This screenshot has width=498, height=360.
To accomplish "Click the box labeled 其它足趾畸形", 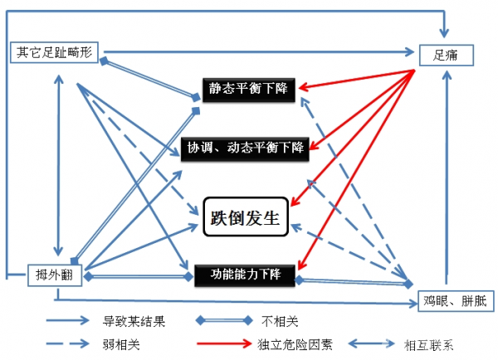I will [x=56, y=53].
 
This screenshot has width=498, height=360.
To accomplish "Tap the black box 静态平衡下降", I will [x=248, y=86].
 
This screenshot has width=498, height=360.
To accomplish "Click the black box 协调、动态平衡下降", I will [x=245, y=148].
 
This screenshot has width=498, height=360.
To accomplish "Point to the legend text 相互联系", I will [x=432, y=343].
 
